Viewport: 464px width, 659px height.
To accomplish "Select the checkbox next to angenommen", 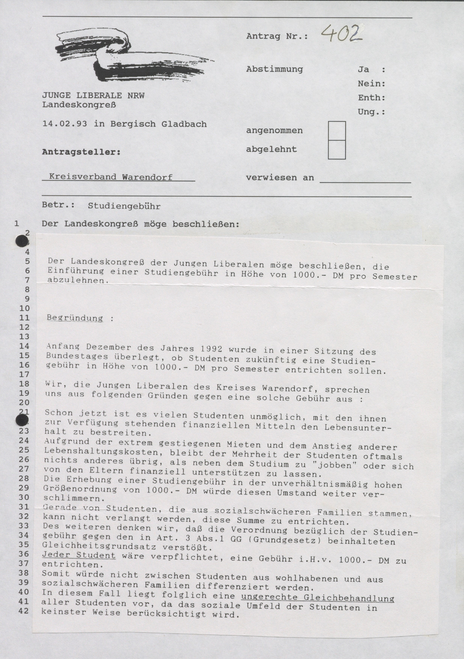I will click(337, 131).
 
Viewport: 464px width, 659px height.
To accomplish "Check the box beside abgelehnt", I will click(337, 150).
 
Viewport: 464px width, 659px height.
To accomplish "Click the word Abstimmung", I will click(274, 69).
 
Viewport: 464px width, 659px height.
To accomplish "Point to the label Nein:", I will click(371, 84).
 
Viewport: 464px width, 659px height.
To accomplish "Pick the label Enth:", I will click(371, 98).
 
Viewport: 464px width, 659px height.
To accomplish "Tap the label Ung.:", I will click(371, 112).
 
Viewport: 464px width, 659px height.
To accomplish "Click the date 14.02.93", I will click(65, 124).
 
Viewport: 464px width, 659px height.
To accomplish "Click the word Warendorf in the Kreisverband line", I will click(147, 177).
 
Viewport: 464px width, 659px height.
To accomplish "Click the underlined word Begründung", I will click(75, 318).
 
